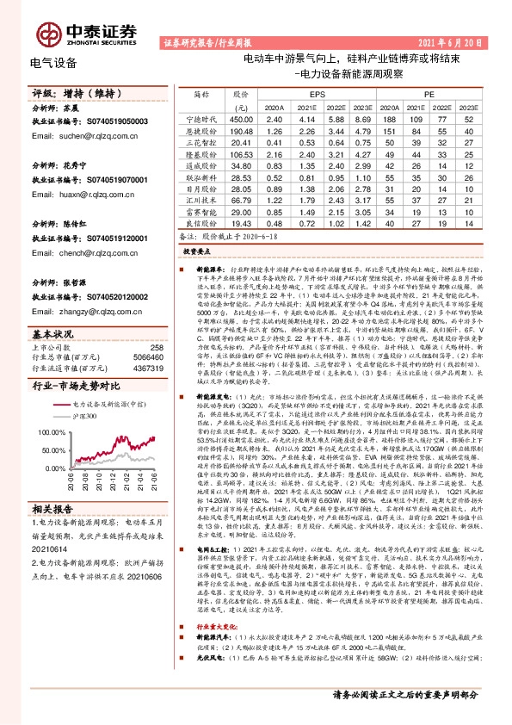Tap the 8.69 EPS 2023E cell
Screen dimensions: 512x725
click(360, 119)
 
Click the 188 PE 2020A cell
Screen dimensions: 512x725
click(389, 119)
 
